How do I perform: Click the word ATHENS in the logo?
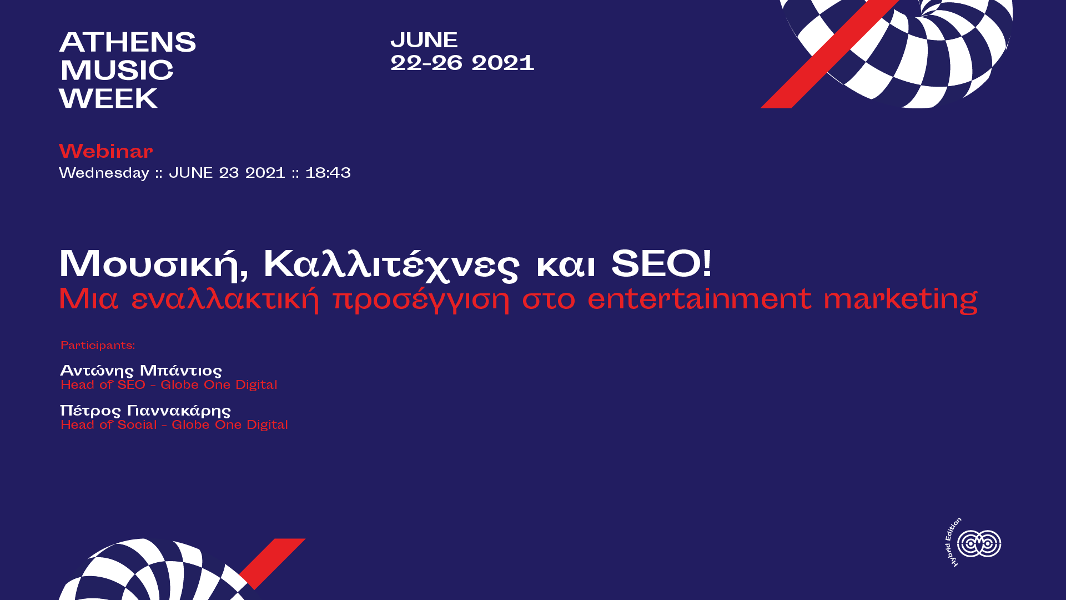point(128,42)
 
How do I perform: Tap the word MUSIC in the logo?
point(117,71)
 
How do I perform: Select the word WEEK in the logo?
point(108,99)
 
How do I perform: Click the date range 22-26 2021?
point(462,63)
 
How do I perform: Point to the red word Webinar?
point(106,151)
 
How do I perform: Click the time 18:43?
point(328,173)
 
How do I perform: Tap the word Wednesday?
point(104,173)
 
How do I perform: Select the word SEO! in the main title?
point(661,263)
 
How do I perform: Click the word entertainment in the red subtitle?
point(700,299)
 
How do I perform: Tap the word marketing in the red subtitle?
point(901,300)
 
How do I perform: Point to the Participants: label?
point(98,346)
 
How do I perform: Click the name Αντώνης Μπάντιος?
point(141,371)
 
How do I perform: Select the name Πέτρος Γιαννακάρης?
point(145,411)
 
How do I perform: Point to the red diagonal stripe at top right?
point(830,54)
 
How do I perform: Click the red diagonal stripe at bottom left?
point(273,563)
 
